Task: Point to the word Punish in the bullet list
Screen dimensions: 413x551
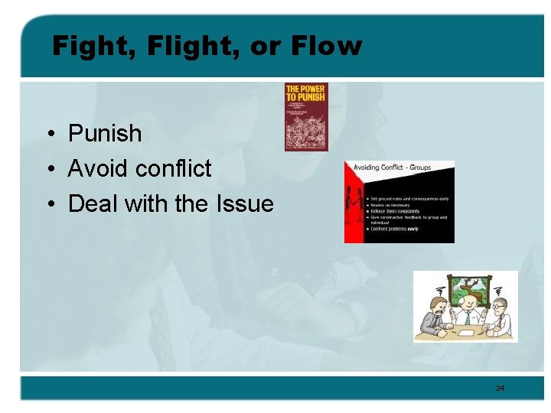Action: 105,134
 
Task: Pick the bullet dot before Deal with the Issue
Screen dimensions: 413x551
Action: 48,205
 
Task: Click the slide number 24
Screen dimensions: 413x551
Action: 500,389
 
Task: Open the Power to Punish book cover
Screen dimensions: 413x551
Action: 306,116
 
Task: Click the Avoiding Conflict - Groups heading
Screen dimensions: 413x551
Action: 392,167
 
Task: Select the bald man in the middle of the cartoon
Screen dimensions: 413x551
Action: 466,316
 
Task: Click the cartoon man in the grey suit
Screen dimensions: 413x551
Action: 434,317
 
